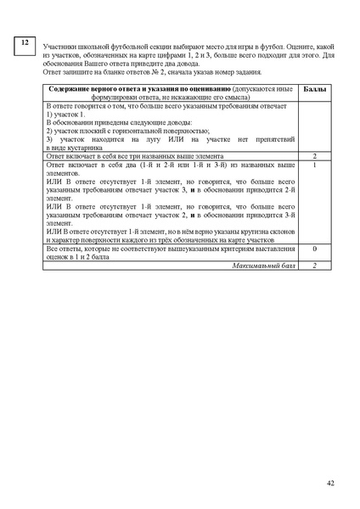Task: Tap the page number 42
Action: click(329, 483)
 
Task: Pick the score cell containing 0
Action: click(314, 249)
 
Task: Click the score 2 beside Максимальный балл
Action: click(314, 266)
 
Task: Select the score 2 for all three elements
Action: click(314, 156)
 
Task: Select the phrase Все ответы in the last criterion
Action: click(62, 249)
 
